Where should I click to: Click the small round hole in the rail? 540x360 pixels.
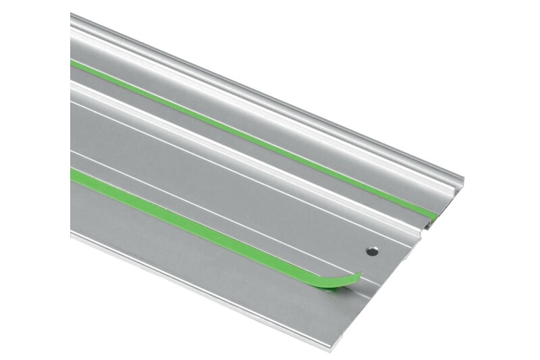click(x=371, y=251)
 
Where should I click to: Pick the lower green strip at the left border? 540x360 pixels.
click(x=73, y=174)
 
